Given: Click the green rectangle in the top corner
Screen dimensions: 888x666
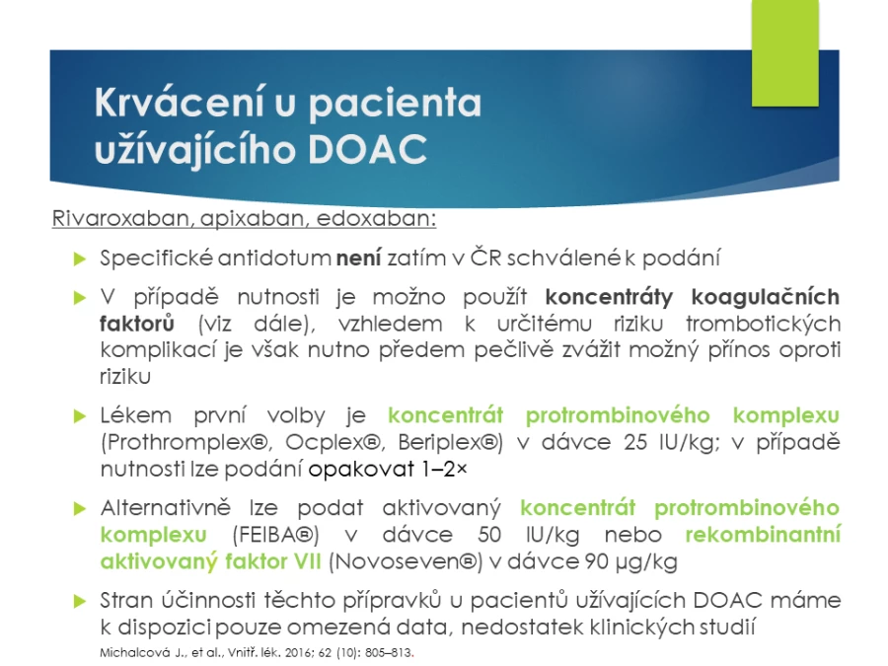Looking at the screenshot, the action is [x=785, y=52].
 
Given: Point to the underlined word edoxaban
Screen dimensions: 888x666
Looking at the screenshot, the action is [x=376, y=218].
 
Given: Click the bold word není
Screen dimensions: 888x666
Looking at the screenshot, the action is [x=359, y=258].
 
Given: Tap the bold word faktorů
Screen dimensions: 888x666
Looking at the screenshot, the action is [x=137, y=324].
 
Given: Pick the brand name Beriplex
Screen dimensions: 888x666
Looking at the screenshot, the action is [x=447, y=442].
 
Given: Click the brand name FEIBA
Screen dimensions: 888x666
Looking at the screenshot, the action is [x=275, y=535].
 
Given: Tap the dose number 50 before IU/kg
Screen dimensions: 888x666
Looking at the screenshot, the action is [x=489, y=535].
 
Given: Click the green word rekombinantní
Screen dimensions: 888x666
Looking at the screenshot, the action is [x=763, y=534].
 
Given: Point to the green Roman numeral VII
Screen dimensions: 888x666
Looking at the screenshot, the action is [x=307, y=561].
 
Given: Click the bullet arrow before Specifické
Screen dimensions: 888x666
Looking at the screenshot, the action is [x=80, y=259].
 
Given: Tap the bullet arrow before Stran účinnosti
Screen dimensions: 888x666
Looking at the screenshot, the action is [x=80, y=602].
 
